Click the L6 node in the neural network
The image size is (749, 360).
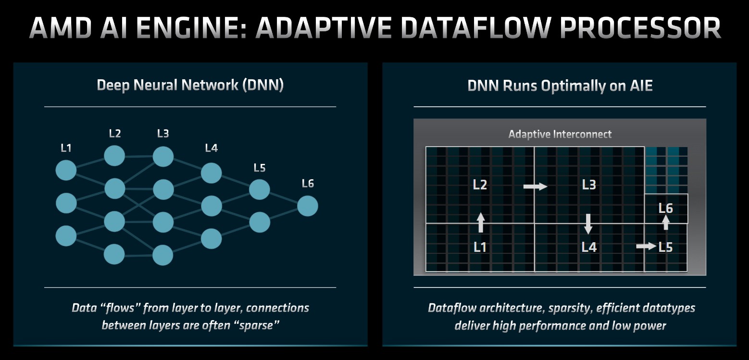(x=307, y=206)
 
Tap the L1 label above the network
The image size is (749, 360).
(x=66, y=148)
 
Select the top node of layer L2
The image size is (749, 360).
(x=114, y=156)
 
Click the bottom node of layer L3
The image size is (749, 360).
(x=163, y=255)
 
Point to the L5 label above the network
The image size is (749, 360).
(x=260, y=168)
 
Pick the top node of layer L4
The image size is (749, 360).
(x=211, y=173)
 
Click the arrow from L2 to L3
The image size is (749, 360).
(x=535, y=186)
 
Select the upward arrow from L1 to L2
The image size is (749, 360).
(x=480, y=223)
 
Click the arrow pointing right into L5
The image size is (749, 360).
(x=646, y=246)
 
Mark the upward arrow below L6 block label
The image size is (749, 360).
(x=665, y=222)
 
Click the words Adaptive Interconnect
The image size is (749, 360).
(x=560, y=134)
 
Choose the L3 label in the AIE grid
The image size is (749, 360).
(x=589, y=185)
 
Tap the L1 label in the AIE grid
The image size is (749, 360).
(x=480, y=247)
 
